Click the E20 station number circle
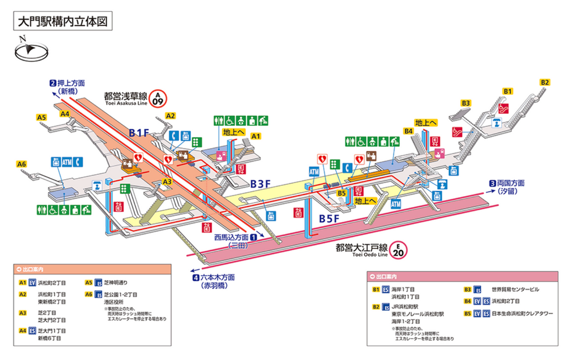(x=400, y=249)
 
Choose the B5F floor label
(x=329, y=218)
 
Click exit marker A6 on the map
(x=22, y=164)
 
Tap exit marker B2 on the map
(x=545, y=82)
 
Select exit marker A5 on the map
(x=41, y=117)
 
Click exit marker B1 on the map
(x=508, y=91)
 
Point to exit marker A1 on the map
(x=256, y=136)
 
